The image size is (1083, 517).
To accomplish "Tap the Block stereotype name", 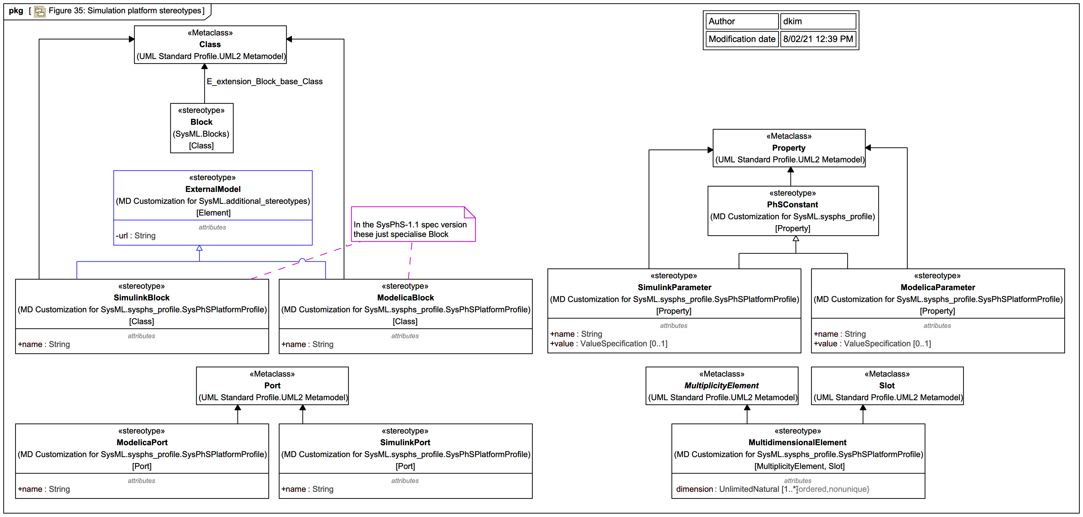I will coord(201,122).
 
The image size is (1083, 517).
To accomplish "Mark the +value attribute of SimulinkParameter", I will coord(608,344).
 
